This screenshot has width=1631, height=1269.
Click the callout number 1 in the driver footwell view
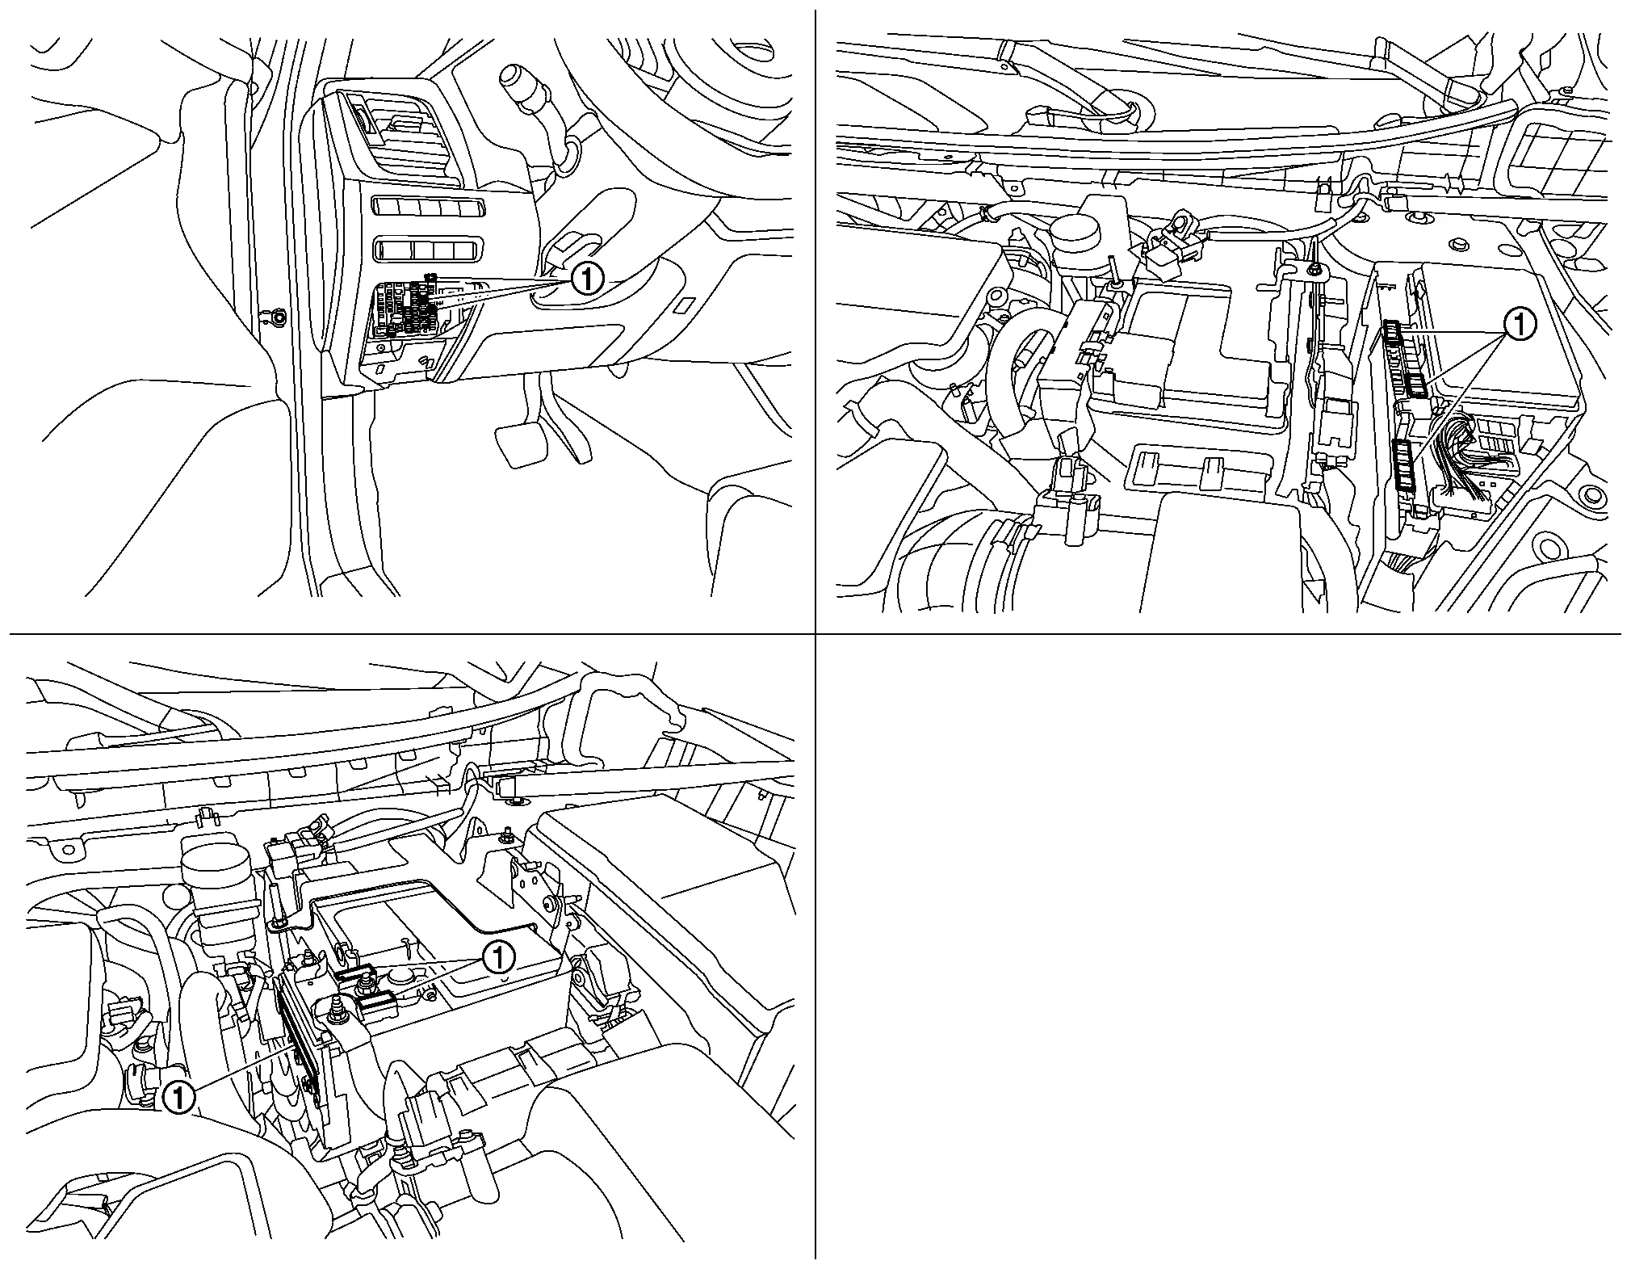tap(587, 280)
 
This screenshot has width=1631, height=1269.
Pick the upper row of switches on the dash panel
tap(427, 208)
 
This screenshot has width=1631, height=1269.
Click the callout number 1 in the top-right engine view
tap(1518, 325)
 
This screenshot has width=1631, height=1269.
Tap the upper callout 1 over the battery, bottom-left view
tap(498, 958)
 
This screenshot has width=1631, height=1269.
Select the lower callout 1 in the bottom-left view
tap(178, 1098)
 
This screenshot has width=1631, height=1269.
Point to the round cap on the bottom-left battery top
tap(401, 977)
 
